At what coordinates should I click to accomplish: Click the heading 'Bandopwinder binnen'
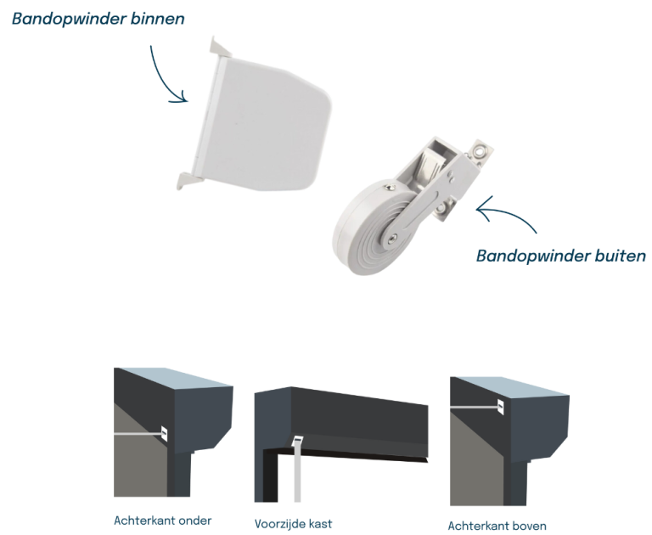click(98, 20)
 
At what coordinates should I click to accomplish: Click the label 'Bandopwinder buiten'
click(561, 256)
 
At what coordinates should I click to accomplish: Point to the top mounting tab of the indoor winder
click(221, 47)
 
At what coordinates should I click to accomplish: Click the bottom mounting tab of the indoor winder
click(188, 181)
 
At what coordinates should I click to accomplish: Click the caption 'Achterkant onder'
click(163, 521)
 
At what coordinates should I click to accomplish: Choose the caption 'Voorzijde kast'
click(293, 523)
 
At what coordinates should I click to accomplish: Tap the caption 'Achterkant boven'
click(497, 526)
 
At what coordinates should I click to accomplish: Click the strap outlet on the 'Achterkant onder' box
click(164, 434)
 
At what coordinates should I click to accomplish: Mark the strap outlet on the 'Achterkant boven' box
click(501, 407)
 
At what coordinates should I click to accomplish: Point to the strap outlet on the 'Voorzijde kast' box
click(298, 440)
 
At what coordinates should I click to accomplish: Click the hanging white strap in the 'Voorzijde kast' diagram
click(297, 472)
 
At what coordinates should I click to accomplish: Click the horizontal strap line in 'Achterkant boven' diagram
click(474, 408)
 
